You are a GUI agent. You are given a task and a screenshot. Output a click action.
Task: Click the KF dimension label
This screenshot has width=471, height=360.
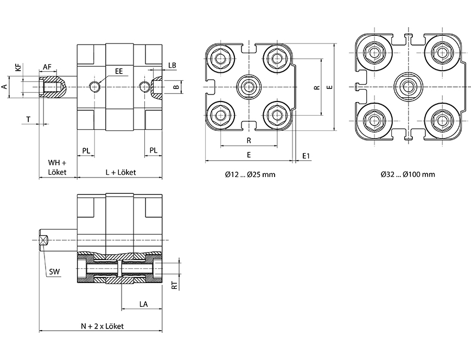tap(18, 68)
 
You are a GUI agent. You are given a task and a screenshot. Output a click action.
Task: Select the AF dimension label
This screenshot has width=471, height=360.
tap(47, 67)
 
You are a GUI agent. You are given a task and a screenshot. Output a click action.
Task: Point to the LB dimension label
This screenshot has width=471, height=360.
tap(172, 65)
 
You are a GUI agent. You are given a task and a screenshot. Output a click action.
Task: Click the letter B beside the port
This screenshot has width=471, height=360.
tap(175, 86)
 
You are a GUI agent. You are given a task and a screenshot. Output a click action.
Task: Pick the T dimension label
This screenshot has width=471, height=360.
tap(28, 118)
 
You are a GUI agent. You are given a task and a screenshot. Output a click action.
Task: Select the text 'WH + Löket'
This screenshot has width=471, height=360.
tap(56, 167)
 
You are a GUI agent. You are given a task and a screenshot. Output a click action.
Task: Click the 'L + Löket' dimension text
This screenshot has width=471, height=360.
tap(120, 172)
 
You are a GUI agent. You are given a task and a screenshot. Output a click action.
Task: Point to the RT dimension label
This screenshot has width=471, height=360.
tap(174, 285)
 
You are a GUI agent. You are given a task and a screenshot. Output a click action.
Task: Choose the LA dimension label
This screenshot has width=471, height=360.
tap(144, 305)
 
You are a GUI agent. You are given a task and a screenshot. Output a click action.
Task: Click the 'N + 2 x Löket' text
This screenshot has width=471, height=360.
tap(103, 326)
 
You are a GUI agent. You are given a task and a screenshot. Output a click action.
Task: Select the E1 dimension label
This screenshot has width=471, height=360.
tap(306, 156)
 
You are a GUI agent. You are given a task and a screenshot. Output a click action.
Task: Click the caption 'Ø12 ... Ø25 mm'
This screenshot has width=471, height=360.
tap(250, 175)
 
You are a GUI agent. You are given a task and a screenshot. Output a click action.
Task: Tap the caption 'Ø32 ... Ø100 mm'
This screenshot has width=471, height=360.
tap(408, 175)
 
